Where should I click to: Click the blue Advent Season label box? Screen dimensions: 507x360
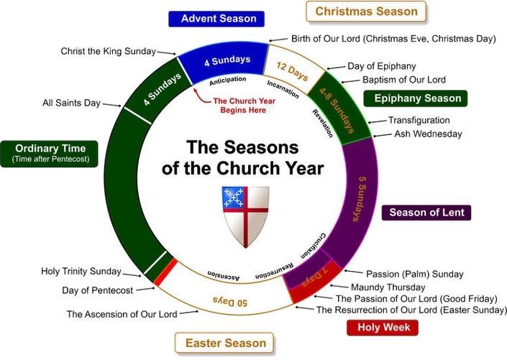216,19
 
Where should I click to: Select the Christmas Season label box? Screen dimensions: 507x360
366,11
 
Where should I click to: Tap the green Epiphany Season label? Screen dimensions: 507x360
416,98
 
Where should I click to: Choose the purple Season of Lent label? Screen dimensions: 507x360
426,213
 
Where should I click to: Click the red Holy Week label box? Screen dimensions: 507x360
383,328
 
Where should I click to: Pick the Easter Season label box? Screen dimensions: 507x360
224,343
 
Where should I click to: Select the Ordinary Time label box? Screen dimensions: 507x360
49,154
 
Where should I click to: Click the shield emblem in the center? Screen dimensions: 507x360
245,216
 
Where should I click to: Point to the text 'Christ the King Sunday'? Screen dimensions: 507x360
109,51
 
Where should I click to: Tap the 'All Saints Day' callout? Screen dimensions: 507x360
71,103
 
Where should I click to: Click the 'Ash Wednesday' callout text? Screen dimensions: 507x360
428,134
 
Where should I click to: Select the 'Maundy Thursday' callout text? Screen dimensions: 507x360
388,287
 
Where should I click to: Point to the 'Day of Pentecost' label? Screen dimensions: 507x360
97,290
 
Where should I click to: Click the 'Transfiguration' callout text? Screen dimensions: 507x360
419,120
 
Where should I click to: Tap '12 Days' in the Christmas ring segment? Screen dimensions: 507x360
292,71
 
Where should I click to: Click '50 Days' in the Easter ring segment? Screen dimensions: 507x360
230,302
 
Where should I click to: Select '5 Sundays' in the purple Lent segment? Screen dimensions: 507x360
360,199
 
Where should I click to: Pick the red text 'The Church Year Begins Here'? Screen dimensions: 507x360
244,106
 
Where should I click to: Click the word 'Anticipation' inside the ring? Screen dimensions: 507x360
228,80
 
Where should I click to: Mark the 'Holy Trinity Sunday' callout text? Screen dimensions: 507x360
81,272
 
